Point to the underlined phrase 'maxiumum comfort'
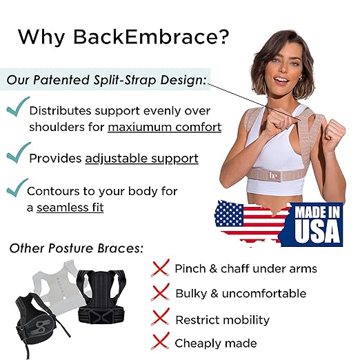(165, 127)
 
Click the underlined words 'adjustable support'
(141, 159)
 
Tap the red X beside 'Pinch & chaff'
(160, 268)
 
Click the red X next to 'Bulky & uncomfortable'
(160, 293)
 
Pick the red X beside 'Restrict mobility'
(160, 318)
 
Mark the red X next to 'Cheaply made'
(160, 343)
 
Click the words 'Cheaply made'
(216, 343)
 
